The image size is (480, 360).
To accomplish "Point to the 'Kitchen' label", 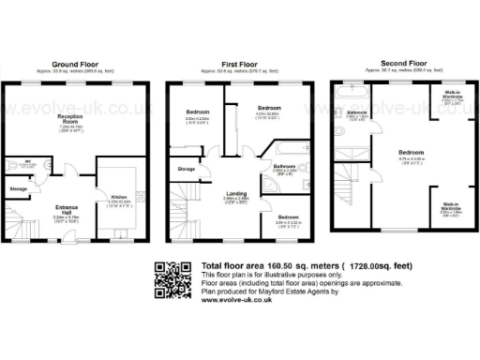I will tap(117, 196).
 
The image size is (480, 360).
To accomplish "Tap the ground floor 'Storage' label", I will tap(19, 189).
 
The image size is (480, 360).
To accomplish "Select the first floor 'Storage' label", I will tap(187, 169).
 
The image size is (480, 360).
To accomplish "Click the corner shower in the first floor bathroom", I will tap(271, 184).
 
